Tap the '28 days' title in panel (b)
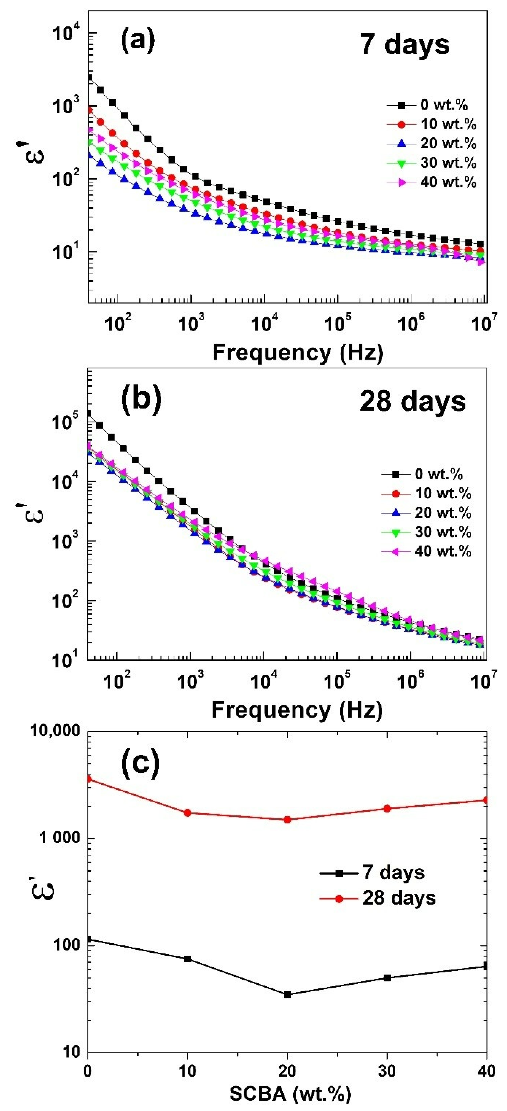click(412, 401)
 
